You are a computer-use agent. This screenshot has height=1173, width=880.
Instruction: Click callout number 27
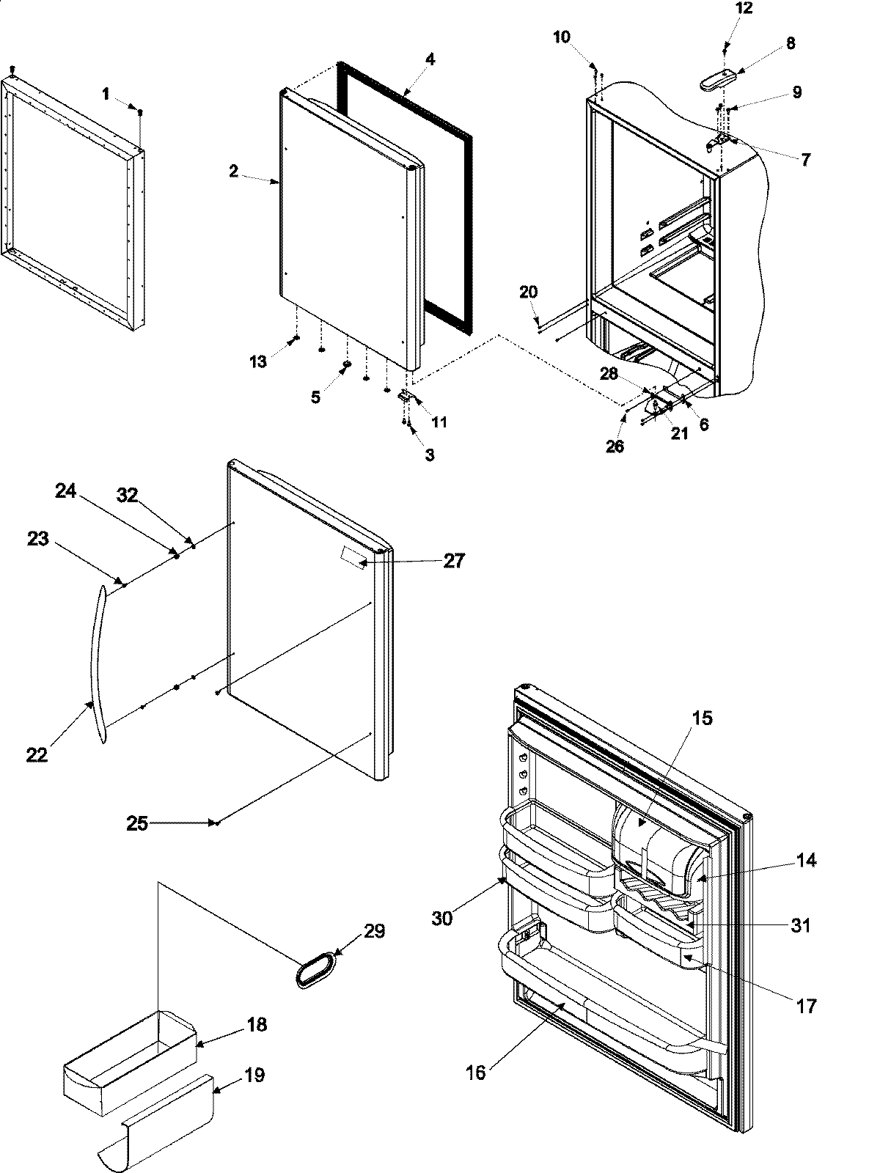tap(454, 560)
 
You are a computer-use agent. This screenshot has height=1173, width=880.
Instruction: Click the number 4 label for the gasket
tap(430, 59)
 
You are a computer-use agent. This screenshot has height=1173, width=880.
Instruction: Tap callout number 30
tap(441, 918)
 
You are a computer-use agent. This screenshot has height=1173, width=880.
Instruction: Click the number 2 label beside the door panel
tap(233, 171)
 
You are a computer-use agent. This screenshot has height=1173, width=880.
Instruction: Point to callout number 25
tap(136, 823)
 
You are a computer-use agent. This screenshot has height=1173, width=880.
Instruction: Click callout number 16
tap(475, 1073)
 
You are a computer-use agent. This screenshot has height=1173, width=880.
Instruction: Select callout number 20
tap(528, 292)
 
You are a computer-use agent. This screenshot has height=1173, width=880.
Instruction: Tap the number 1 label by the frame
tap(106, 93)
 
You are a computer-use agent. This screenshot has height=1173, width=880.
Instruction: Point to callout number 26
tap(615, 445)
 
